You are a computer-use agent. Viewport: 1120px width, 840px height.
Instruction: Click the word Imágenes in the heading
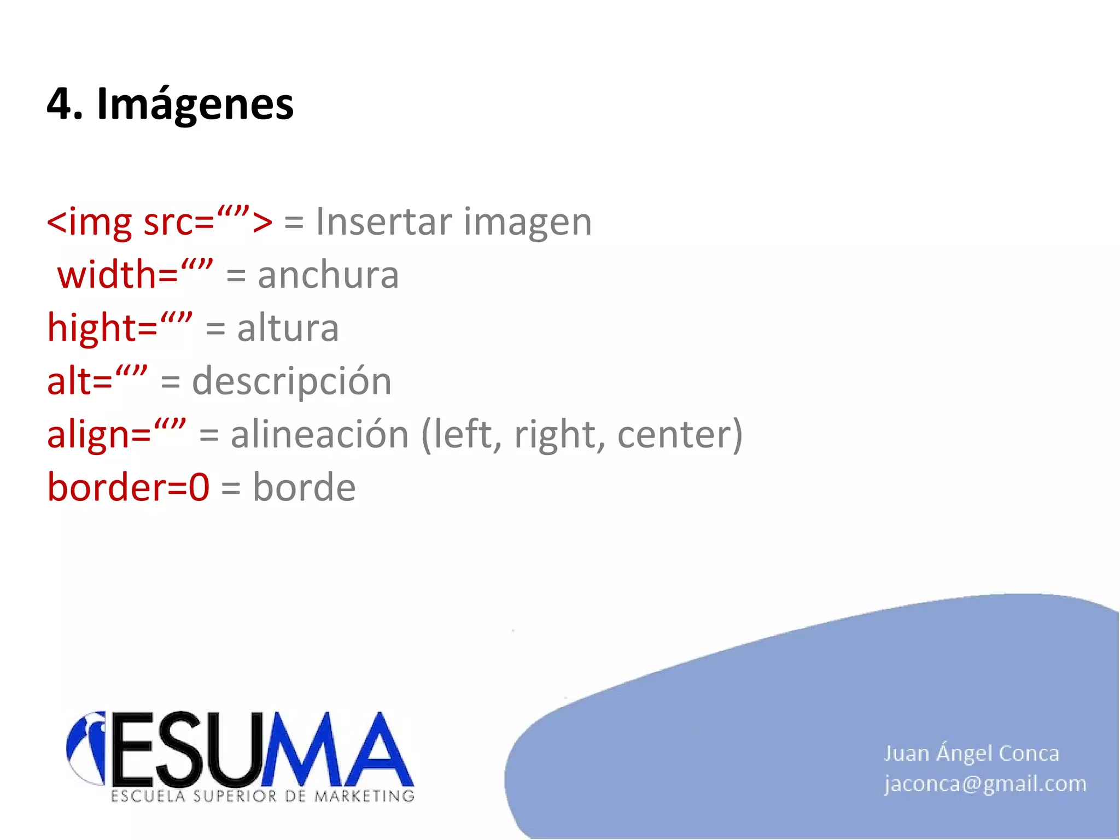pyautogui.click(x=195, y=104)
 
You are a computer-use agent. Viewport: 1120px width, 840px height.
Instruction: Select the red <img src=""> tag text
pyautogui.click(x=159, y=222)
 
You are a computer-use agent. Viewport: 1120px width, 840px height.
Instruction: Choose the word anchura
pyautogui.click(x=328, y=275)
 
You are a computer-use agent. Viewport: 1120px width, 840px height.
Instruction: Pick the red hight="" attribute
pyautogui.click(x=120, y=328)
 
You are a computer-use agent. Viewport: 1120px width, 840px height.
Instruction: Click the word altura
pyautogui.click(x=288, y=328)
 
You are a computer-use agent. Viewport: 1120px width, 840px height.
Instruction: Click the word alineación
pyautogui.click(x=319, y=435)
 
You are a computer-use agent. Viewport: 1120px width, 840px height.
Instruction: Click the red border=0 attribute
pyautogui.click(x=128, y=487)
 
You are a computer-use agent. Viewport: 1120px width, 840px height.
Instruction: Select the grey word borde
pyautogui.click(x=304, y=487)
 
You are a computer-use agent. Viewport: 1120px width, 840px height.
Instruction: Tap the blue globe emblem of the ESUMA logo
pyautogui.click(x=86, y=746)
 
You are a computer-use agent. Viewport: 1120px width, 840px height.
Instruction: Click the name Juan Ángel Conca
pyautogui.click(x=971, y=754)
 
